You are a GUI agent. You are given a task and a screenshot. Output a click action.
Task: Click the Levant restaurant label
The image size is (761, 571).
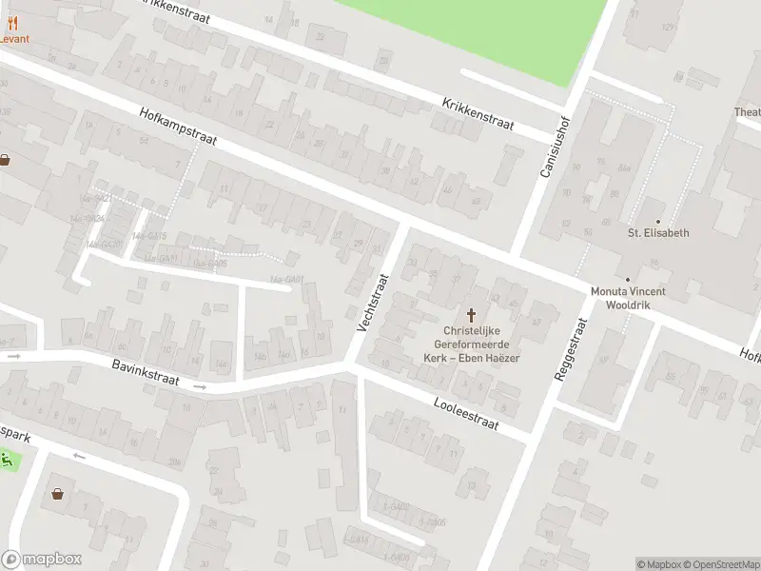point(14,39)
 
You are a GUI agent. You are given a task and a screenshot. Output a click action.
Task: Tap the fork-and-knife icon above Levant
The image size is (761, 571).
point(13,26)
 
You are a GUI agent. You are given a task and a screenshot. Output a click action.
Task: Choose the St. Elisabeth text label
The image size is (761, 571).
point(657,232)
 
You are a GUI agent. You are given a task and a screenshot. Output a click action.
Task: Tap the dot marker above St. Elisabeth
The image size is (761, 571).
point(657,221)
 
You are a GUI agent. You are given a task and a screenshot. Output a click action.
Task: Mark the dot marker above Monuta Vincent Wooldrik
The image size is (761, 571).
point(628,280)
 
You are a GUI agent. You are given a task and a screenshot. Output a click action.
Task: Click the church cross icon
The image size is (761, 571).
point(470,314)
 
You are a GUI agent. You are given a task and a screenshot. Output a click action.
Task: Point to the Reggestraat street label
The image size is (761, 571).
point(573,350)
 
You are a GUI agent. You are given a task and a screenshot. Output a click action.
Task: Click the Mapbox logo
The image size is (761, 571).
point(42,560)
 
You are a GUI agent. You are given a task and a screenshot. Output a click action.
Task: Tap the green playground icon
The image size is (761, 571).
point(9,462)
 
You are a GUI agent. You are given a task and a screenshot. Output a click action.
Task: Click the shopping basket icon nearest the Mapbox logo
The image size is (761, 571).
point(58,494)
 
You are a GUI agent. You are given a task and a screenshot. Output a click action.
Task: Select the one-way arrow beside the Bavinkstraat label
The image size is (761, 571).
point(200,387)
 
